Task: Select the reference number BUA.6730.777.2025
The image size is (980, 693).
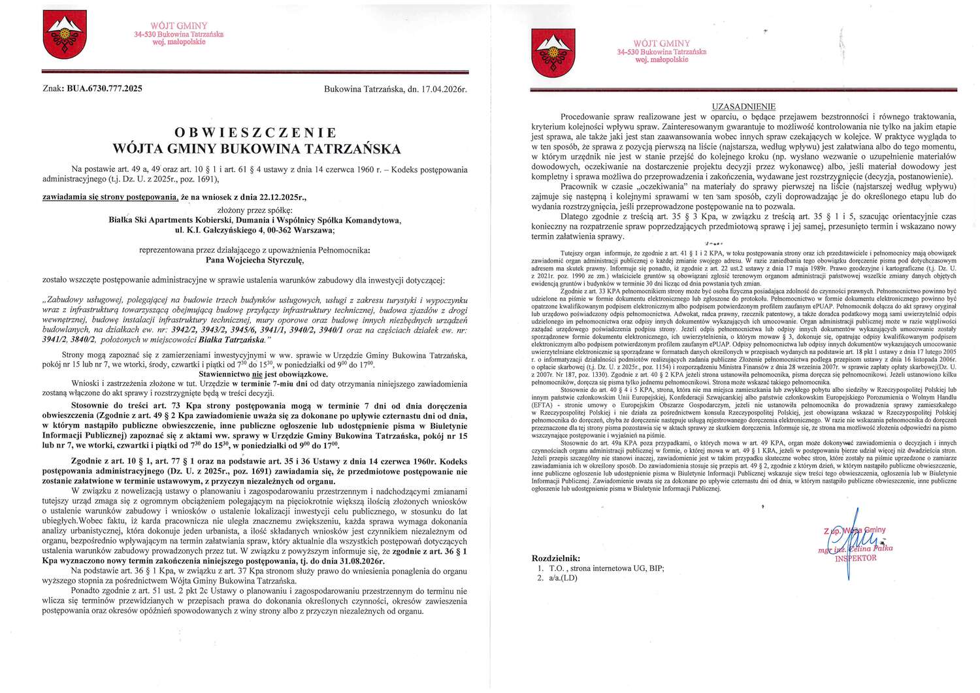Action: (x=104, y=89)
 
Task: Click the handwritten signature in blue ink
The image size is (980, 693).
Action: (x=849, y=542)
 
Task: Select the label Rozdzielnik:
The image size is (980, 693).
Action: (x=556, y=558)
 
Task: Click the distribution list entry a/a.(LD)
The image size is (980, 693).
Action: (x=563, y=577)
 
